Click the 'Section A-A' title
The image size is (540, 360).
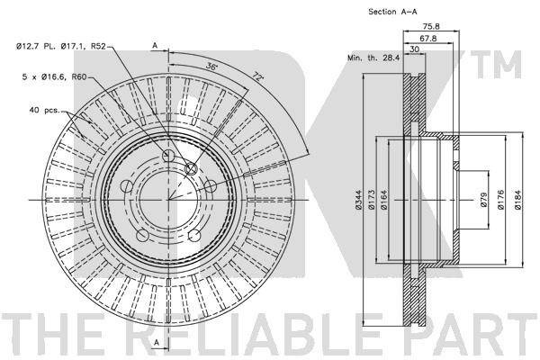(x=392, y=12)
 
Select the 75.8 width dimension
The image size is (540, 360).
(x=431, y=26)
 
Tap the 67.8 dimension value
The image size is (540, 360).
(x=428, y=39)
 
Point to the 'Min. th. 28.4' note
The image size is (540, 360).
(x=373, y=58)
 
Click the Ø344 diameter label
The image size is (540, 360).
(x=358, y=200)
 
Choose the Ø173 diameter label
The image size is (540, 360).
(x=371, y=200)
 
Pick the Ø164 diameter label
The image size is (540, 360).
(x=384, y=200)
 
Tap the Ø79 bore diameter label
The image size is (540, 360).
(x=483, y=200)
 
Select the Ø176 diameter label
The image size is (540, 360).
(x=500, y=200)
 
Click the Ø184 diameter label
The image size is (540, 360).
(x=518, y=200)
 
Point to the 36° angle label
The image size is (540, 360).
(x=212, y=66)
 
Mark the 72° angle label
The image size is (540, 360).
(x=257, y=76)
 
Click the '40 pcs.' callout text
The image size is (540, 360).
(x=45, y=110)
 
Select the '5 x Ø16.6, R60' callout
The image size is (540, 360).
(x=54, y=77)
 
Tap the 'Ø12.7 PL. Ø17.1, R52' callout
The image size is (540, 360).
(x=61, y=46)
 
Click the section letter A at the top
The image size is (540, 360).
(x=156, y=45)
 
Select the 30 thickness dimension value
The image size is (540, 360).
(x=415, y=49)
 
